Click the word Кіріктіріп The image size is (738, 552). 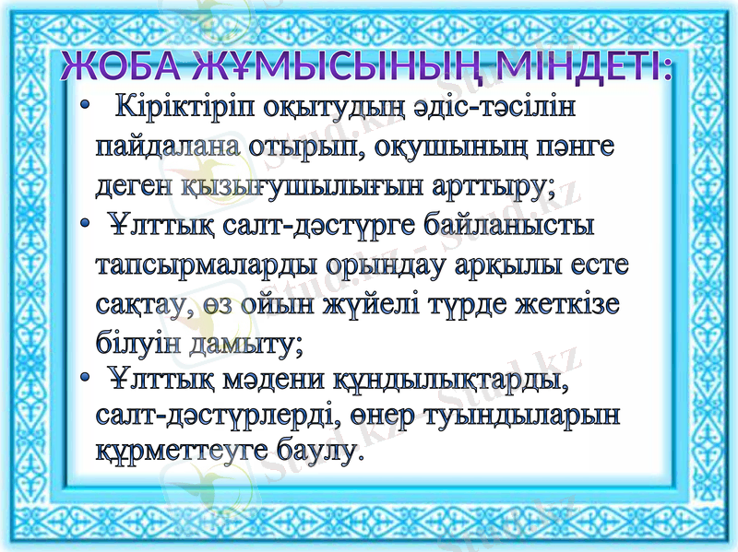[184, 110]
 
